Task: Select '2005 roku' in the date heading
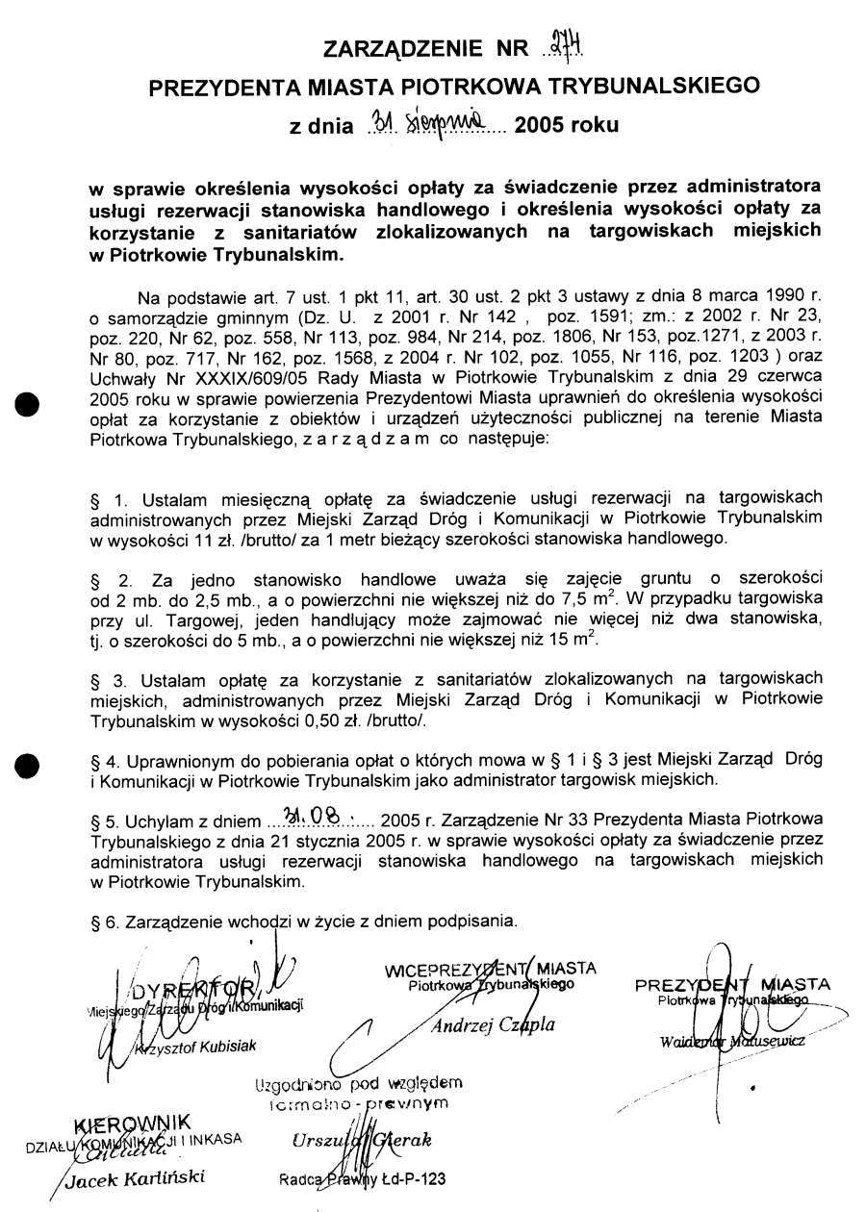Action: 568,126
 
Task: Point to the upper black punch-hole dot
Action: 30,403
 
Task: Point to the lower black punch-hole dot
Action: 30,766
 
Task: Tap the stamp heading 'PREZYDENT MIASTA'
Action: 733,985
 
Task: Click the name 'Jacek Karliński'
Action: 136,1179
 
